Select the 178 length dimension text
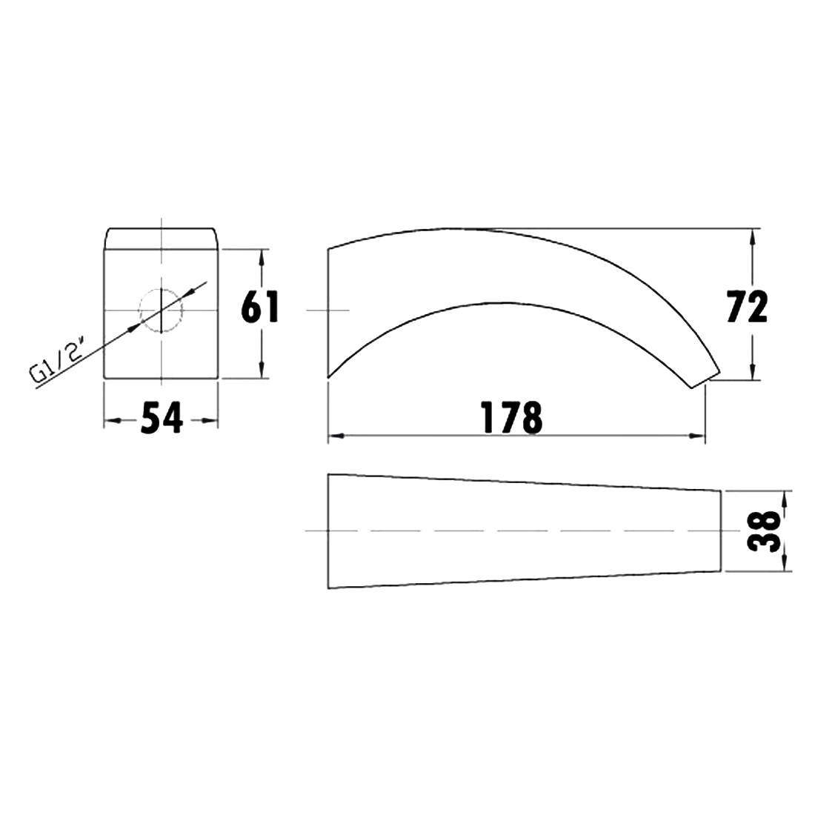coord(512,417)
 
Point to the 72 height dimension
coord(747,307)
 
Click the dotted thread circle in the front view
coord(161,310)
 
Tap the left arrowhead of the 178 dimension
coord(336,436)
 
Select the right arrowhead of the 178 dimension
coord(696,436)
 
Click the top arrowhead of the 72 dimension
coord(752,238)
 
